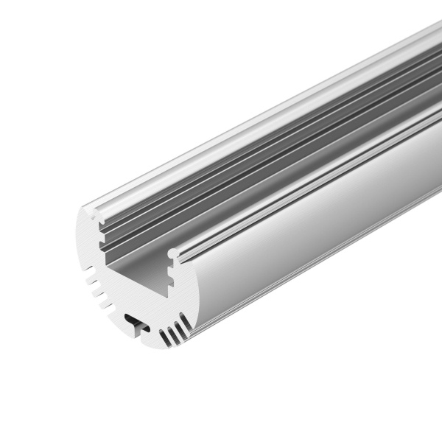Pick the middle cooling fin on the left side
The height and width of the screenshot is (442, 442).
coord(96,292)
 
